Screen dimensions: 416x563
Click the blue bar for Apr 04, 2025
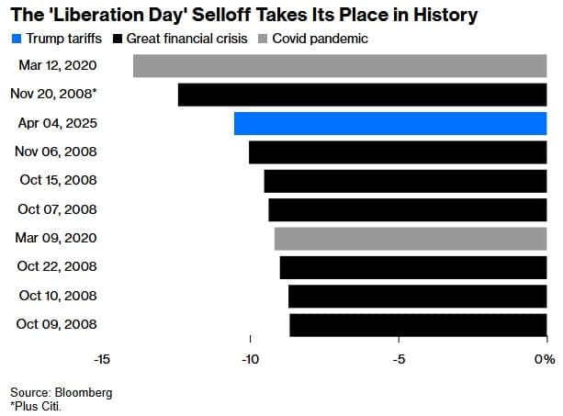tap(390, 123)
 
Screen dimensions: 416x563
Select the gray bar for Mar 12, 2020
tap(340, 66)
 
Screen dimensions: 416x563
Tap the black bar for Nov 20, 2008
tap(362, 95)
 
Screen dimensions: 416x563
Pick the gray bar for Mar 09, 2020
tap(411, 239)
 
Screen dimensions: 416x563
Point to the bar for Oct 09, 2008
tap(418, 324)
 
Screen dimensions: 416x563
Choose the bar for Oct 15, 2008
tap(405, 181)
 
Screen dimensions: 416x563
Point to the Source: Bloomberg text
tap(61, 392)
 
